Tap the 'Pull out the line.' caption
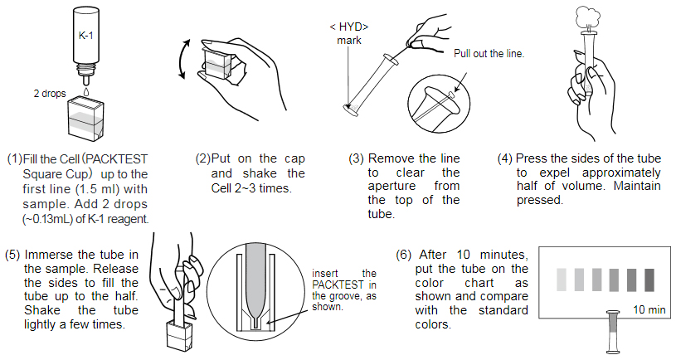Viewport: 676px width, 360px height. pyautogui.click(x=489, y=54)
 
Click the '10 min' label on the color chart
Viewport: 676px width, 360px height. pyautogui.click(x=649, y=309)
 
